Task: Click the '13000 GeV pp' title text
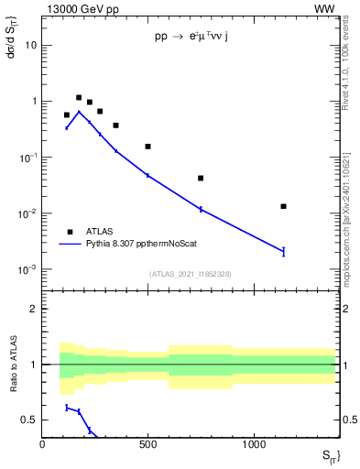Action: (78, 10)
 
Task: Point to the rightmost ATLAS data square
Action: (284, 206)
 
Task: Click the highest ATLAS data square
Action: (79, 97)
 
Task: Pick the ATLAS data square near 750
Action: (201, 178)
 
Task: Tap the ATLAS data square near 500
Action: (147, 147)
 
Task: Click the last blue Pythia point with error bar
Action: (284, 251)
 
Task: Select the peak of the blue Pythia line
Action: (79, 112)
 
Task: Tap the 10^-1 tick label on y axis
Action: (27, 158)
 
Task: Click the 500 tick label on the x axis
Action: (147, 444)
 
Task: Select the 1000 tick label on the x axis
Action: (254, 444)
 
